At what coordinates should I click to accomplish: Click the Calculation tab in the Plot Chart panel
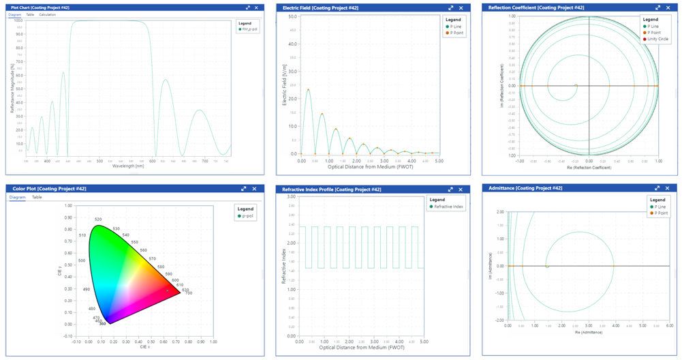tap(48, 14)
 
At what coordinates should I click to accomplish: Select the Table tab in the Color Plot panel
tap(37, 197)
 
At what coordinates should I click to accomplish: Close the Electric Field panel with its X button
tap(461, 7)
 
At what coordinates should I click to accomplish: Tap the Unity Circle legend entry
tap(655, 39)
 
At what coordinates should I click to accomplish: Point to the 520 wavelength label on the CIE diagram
tap(98, 220)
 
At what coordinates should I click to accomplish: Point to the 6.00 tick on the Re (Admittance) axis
tap(670, 326)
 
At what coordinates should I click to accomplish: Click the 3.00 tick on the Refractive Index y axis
tap(291, 197)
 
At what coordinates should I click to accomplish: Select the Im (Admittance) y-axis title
tap(492, 267)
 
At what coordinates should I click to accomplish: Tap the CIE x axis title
tap(144, 346)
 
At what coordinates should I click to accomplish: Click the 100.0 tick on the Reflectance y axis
tap(18, 20)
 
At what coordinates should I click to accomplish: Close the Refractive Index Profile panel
tap(461, 189)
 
